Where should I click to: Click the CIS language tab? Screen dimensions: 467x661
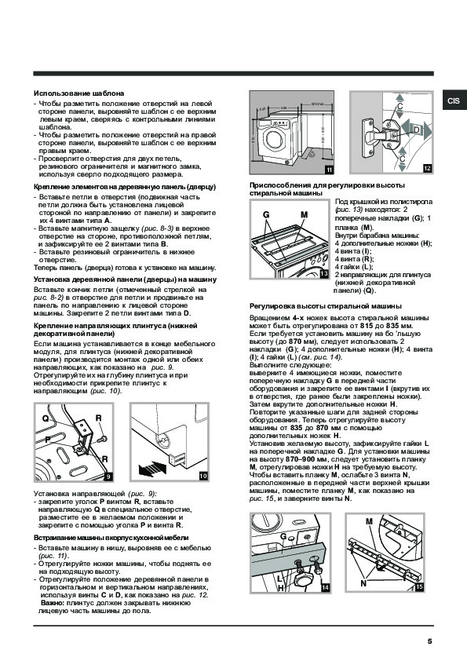pyautogui.click(x=454, y=100)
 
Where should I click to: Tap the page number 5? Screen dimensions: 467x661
pyautogui.click(x=429, y=641)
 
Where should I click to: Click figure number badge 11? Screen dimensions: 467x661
pyautogui.click(x=329, y=170)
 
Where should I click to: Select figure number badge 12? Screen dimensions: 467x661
pyautogui.click(x=428, y=169)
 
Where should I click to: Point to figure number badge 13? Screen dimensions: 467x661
pyautogui.click(x=323, y=274)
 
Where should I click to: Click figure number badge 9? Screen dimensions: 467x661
pyautogui.click(x=108, y=477)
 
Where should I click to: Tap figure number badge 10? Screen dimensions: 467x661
pyautogui.click(x=203, y=476)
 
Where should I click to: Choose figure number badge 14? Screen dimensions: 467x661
pyautogui.click(x=325, y=587)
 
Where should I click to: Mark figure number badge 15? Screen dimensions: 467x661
pyautogui.click(x=419, y=586)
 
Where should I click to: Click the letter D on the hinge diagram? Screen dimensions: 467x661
pyautogui.click(x=417, y=130)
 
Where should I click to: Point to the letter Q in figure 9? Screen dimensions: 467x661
pyautogui.click(x=45, y=419)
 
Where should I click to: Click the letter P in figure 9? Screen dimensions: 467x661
pyautogui.click(x=48, y=440)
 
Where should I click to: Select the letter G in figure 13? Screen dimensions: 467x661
pyautogui.click(x=266, y=214)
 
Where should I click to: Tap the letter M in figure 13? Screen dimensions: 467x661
pyautogui.click(x=305, y=214)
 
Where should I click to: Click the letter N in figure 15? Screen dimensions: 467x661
pyautogui.click(x=363, y=583)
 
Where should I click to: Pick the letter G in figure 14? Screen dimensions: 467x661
pyautogui.click(x=283, y=536)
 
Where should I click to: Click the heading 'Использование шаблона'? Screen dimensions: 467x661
pyautogui.click(x=78, y=93)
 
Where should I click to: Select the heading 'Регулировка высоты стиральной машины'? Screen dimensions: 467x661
pyautogui.click(x=326, y=306)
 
